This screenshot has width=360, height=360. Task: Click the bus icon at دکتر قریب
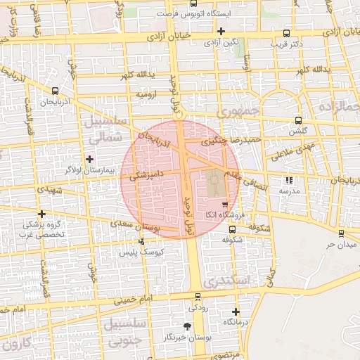tap(285, 33)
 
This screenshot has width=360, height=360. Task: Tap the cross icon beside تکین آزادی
tap(221, 32)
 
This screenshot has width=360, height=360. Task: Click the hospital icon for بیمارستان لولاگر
tap(89, 159)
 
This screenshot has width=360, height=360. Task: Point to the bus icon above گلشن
tap(300, 120)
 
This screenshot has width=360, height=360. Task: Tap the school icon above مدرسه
tap(288, 180)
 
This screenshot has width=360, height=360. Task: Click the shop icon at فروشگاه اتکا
tap(225, 205)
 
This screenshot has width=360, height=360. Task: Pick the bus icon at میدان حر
tap(341, 233)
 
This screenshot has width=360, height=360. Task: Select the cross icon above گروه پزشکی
tap(42, 214)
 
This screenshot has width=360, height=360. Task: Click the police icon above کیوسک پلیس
tap(143, 241)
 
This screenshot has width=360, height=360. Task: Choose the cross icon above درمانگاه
tap(236, 311)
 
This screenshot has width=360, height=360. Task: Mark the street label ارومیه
tap(146, 94)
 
